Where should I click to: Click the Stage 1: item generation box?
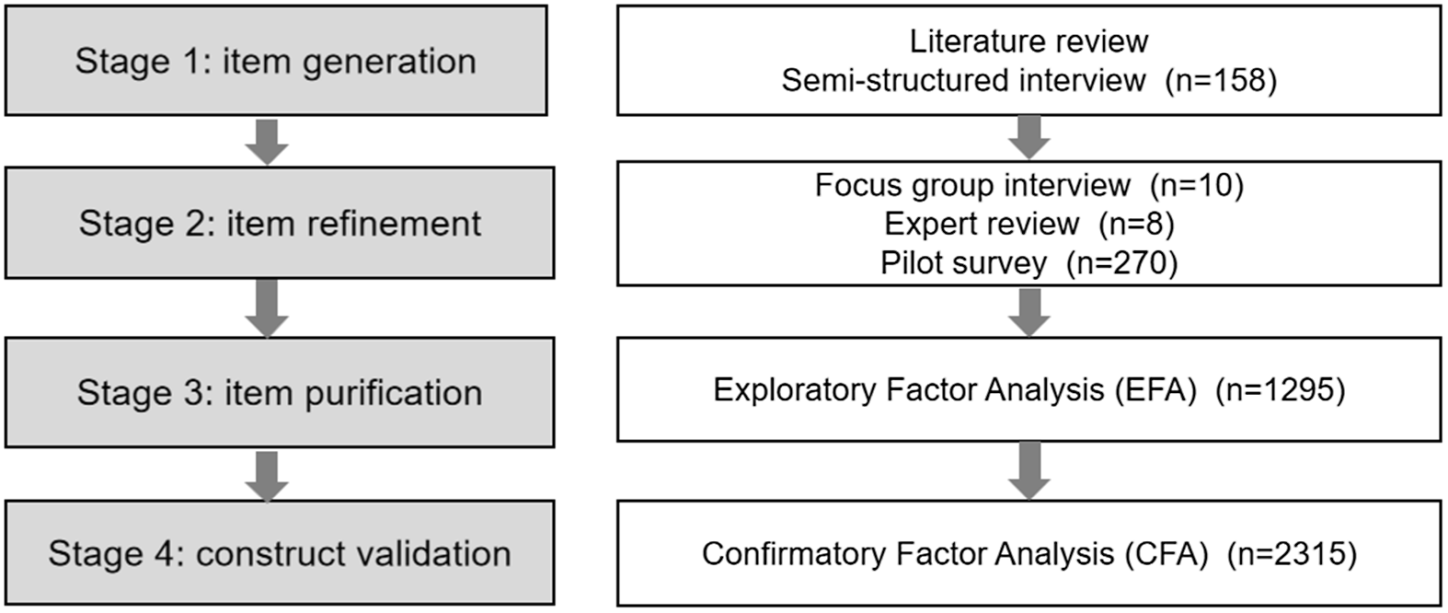[x=276, y=61]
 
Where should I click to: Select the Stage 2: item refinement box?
[x=280, y=223]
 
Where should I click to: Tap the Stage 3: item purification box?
[x=280, y=392]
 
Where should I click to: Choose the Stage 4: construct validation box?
[x=280, y=552]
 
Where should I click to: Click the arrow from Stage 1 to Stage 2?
[x=267, y=141]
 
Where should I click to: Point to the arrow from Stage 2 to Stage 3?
[x=267, y=307]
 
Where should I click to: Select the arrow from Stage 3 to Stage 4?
[x=267, y=475]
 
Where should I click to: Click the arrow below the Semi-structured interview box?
[x=1029, y=137]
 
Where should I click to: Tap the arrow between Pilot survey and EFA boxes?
[x=1029, y=312]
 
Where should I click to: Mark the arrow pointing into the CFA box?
[x=1029, y=469]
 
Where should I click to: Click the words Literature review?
[x=1029, y=41]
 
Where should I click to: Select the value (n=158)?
[x=1221, y=81]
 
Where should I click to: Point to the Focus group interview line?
[x=972, y=185]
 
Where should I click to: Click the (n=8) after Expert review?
[x=1137, y=224]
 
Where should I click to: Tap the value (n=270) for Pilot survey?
[x=1122, y=263]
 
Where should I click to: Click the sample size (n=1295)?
[x=1281, y=390]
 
